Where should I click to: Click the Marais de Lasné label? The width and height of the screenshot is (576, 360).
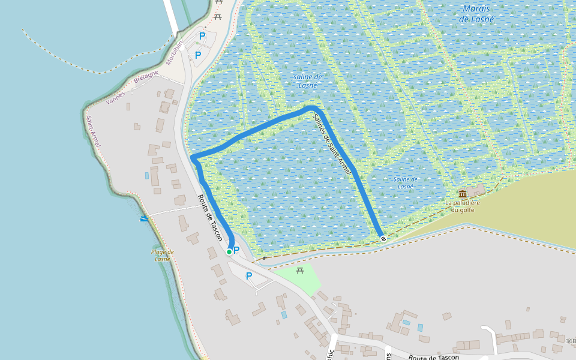(x=476, y=14)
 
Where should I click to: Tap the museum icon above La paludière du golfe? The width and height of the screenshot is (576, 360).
(x=463, y=194)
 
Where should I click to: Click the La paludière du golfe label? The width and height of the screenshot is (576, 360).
(x=463, y=206)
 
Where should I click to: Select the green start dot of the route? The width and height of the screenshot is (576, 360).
(x=229, y=252)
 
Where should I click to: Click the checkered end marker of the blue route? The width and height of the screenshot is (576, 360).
(x=383, y=238)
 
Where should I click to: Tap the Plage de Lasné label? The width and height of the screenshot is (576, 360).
(x=163, y=256)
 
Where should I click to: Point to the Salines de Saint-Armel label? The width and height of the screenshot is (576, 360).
(x=332, y=145)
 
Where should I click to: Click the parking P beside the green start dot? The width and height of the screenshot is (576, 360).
(x=236, y=250)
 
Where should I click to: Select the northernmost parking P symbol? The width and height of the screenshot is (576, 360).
(x=202, y=36)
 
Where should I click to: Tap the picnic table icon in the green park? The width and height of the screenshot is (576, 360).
(x=300, y=271)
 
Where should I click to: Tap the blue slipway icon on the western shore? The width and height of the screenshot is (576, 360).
(x=143, y=219)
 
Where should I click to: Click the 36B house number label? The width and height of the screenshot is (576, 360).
(x=570, y=341)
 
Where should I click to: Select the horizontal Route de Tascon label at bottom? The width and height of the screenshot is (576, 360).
(x=434, y=358)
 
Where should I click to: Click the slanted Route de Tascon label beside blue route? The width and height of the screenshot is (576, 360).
(x=211, y=219)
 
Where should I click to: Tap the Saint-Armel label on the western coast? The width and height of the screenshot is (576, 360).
(x=92, y=130)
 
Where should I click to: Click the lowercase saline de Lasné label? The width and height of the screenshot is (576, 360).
(x=308, y=80)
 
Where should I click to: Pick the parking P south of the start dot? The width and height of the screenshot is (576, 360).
(x=248, y=276)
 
